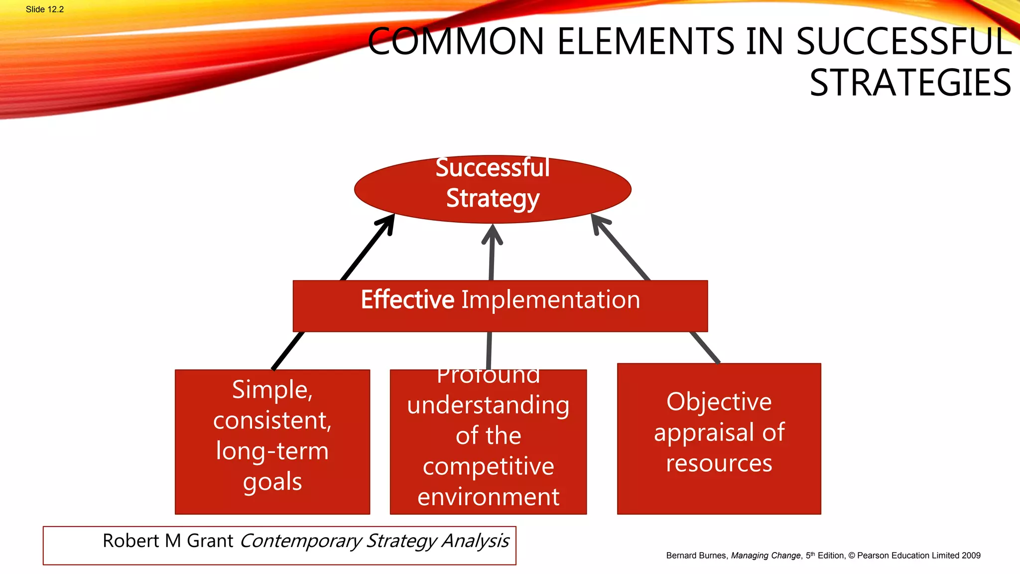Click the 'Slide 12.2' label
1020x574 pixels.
[x=45, y=9]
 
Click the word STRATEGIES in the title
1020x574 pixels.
[x=910, y=83]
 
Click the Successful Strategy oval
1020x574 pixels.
[x=493, y=189]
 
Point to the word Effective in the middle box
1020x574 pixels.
[x=407, y=300]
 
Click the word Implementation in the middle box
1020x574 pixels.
[x=550, y=300]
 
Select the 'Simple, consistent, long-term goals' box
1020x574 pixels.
[x=272, y=441]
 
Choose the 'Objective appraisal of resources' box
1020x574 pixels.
[x=719, y=438]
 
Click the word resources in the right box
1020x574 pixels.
[x=719, y=463]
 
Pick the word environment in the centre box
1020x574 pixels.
[x=488, y=497]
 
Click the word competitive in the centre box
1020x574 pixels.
[x=488, y=467]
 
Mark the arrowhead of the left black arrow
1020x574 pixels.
[x=388, y=222]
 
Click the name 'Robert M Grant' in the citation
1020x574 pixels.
[x=168, y=541]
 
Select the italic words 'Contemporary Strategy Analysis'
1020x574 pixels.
[x=375, y=541]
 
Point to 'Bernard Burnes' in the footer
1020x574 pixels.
[x=696, y=556]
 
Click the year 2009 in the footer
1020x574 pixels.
[x=971, y=556]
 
